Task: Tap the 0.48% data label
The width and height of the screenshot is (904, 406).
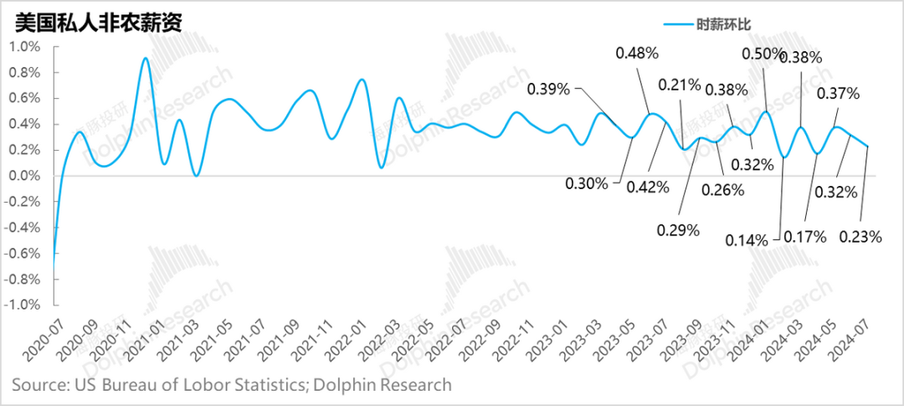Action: (x=637, y=54)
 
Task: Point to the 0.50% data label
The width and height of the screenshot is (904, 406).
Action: (x=763, y=54)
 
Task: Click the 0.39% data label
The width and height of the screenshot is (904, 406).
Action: (x=548, y=88)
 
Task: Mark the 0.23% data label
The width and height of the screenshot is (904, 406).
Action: (x=861, y=237)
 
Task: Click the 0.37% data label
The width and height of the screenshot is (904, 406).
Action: (x=838, y=94)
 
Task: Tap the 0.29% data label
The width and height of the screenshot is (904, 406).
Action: (x=678, y=229)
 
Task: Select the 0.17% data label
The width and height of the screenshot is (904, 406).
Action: (x=805, y=237)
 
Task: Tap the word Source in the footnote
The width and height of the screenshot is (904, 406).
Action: (x=39, y=385)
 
